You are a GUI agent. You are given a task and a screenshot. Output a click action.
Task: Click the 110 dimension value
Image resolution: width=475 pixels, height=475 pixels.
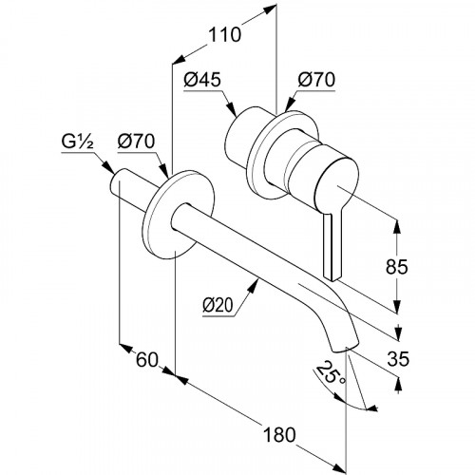[x=224, y=34]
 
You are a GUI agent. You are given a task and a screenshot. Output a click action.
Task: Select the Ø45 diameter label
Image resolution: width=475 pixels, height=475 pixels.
[x=202, y=80]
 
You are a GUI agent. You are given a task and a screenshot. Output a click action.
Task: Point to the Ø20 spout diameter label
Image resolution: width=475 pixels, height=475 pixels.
[x=218, y=305]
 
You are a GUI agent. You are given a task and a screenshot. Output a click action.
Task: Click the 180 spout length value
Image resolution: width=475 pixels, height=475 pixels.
[x=279, y=434]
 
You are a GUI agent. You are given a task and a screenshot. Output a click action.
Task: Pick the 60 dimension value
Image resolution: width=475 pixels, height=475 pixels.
[x=147, y=359]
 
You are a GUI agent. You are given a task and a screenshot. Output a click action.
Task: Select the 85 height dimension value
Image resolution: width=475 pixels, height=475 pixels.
[x=397, y=267]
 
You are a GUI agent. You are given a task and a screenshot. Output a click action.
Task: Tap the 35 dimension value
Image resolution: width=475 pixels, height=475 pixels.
[x=398, y=359]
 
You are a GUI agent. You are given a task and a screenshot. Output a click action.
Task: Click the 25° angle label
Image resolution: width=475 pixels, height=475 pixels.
[x=330, y=373]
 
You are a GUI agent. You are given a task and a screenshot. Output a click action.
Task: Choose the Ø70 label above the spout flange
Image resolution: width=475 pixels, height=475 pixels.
[x=136, y=142]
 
